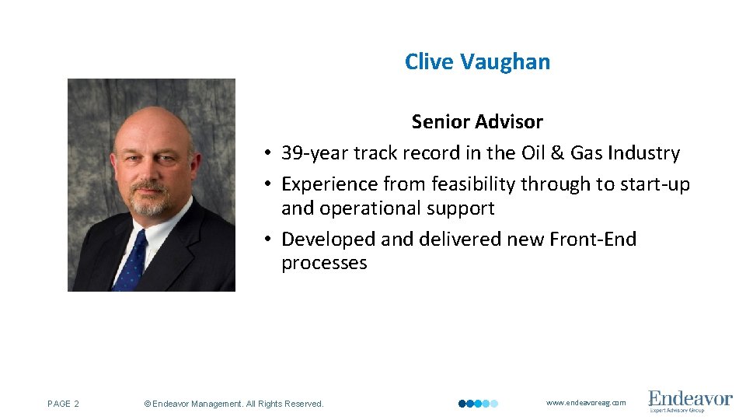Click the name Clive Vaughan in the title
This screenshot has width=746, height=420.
click(x=477, y=62)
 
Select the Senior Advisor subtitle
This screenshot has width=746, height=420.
click(x=477, y=122)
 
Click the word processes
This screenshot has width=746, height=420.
click(x=324, y=263)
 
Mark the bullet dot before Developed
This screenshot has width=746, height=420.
click(x=266, y=240)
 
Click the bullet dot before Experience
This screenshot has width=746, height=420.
click(x=266, y=185)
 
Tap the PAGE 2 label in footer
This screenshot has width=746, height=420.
click(x=63, y=404)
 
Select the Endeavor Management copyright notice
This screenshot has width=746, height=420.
click(x=234, y=404)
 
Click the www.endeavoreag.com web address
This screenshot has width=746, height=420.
click(x=586, y=403)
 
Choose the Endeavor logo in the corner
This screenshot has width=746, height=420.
click(x=690, y=401)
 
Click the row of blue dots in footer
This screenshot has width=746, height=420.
click(x=478, y=404)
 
